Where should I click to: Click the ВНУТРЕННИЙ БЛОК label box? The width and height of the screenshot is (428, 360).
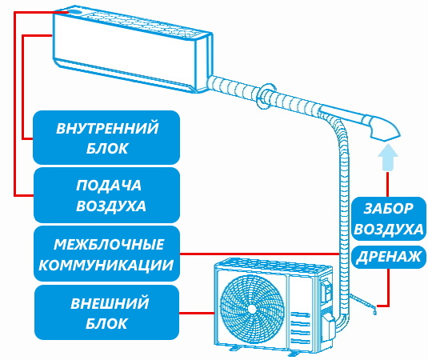pyautogui.click(x=106, y=138)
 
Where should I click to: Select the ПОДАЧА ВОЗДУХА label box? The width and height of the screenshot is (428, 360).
pyautogui.click(x=106, y=195)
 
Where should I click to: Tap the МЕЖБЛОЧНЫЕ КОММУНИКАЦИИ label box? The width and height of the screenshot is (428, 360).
pyautogui.click(x=106, y=254)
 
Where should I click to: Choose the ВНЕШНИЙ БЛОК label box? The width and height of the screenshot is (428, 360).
pyautogui.click(x=106, y=313)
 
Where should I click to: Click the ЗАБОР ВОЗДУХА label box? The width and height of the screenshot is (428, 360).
pyautogui.click(x=389, y=218)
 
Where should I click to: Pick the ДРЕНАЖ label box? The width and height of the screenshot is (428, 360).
pyautogui.click(x=389, y=257)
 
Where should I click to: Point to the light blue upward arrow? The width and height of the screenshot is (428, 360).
pyautogui.click(x=388, y=157)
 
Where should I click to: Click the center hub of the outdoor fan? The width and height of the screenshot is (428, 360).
pyautogui.click(x=252, y=309)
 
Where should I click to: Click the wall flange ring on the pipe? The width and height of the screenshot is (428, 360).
pyautogui.click(x=266, y=96)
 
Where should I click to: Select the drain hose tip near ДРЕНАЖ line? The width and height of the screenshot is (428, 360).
pyautogui.click(x=374, y=310)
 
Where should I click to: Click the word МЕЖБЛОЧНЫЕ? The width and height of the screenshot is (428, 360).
pyautogui.click(x=109, y=244)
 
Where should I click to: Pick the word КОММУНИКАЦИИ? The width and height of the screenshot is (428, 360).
pyautogui.click(x=106, y=265)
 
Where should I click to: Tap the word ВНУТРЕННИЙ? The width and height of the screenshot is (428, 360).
pyautogui.click(x=107, y=128)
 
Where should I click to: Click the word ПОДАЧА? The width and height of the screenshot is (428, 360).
pyautogui.click(x=109, y=186)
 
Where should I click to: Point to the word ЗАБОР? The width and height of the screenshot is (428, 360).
pyautogui.click(x=389, y=209)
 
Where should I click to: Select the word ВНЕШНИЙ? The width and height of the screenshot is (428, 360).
pyautogui.click(x=110, y=303)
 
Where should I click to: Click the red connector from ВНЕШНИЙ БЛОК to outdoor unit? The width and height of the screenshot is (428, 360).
pyautogui.click(x=197, y=313)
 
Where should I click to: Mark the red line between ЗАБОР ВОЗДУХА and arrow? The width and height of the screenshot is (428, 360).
pyautogui.click(x=388, y=184)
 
